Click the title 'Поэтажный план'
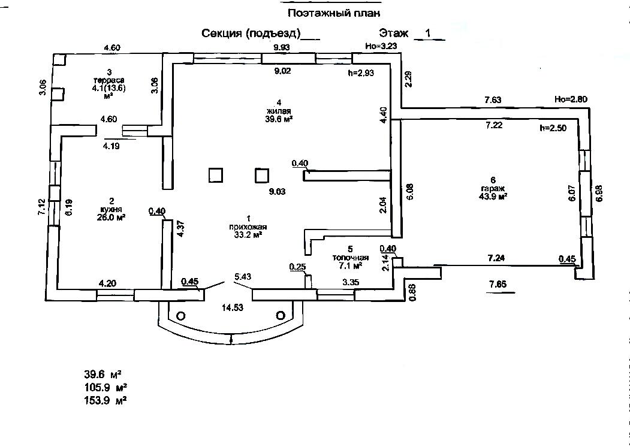[x=334, y=13]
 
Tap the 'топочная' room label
[x=351, y=257]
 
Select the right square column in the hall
[x=262, y=175]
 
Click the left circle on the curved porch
[x=180, y=315]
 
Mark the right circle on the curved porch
[x=280, y=315]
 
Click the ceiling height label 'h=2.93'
[x=361, y=73]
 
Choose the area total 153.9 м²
[x=105, y=400]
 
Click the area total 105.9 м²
[x=105, y=386]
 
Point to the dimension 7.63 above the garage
[x=492, y=100]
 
